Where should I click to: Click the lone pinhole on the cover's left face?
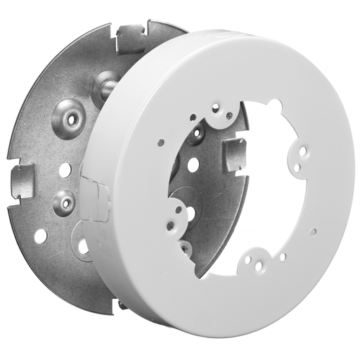(161, 143)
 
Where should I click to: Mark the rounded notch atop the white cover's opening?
(274, 108)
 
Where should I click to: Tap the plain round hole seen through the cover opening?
(193, 166)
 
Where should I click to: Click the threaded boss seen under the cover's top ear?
(199, 132)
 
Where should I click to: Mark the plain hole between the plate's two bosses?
(64, 169)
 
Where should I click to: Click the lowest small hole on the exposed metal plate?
(41, 236)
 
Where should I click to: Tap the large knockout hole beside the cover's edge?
(83, 245)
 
